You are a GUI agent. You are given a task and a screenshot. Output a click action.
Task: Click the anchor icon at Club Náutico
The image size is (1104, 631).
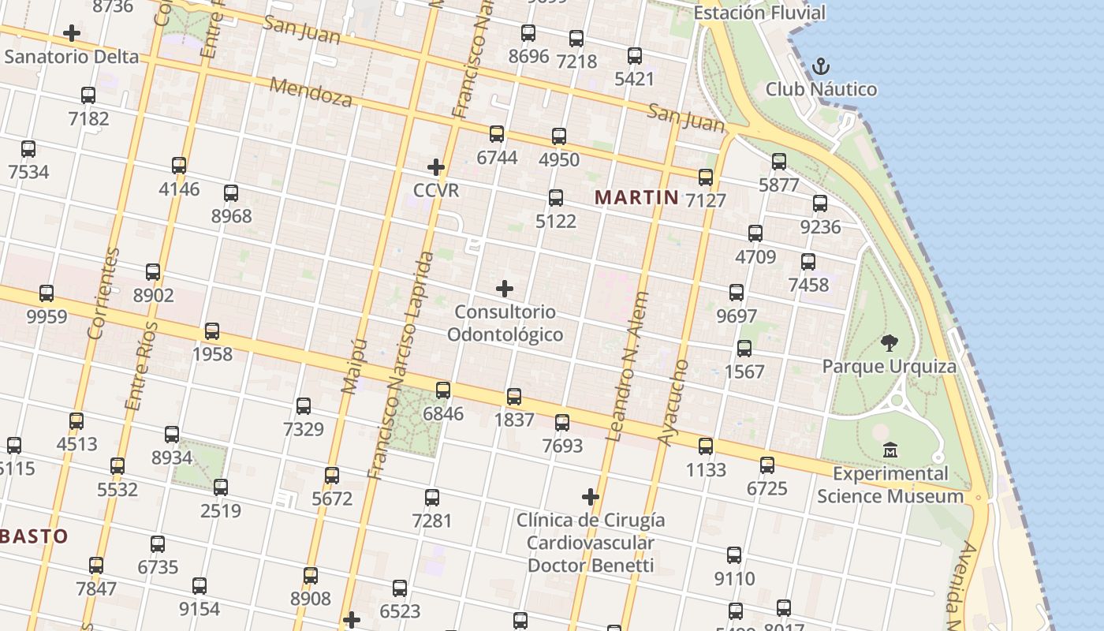(821, 65)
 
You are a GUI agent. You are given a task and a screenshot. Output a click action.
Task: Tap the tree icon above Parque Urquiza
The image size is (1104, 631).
(890, 343)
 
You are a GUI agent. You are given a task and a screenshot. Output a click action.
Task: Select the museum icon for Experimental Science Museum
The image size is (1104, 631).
(890, 450)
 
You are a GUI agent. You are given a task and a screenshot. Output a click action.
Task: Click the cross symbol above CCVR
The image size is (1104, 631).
(435, 167)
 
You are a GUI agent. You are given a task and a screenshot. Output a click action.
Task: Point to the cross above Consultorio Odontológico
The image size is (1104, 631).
(505, 289)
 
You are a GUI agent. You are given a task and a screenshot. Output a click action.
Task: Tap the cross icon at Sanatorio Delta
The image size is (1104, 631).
(72, 33)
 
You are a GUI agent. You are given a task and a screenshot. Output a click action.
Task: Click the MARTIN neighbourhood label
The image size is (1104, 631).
(636, 197)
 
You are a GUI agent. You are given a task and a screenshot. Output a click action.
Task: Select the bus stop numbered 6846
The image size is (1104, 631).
(443, 390)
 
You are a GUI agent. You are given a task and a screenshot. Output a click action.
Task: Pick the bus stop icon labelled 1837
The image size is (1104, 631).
(514, 397)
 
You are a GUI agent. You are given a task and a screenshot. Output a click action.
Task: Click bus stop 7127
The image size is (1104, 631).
(706, 177)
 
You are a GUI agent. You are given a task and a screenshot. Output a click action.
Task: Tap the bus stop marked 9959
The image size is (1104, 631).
(47, 293)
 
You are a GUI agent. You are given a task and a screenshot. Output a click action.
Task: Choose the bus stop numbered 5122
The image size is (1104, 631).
(556, 198)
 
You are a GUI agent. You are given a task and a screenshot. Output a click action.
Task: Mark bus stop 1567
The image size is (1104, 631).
(744, 349)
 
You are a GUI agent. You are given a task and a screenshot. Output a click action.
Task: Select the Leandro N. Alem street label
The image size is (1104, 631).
(627, 366)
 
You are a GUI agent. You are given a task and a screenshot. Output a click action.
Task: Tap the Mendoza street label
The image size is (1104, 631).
(311, 92)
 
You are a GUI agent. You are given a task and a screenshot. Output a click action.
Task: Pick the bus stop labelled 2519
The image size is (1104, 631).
(221, 487)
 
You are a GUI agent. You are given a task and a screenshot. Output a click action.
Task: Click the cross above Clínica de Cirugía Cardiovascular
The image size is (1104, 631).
(591, 497)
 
